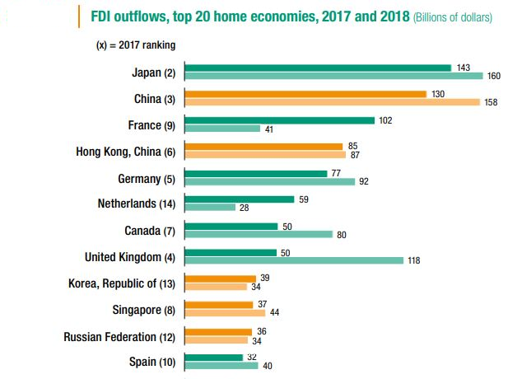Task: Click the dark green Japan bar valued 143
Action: coord(318,68)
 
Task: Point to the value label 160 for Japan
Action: coord(494,77)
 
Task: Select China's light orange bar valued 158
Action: coord(332,102)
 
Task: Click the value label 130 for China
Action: coord(438,94)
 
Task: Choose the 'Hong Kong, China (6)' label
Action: coord(126,151)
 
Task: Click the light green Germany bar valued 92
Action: coord(270,181)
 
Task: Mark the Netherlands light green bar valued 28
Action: coord(210,208)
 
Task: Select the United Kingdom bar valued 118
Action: coord(294,260)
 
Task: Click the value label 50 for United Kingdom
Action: coord(287,252)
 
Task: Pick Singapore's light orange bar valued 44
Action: coord(225,313)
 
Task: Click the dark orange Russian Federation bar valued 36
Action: coord(220,330)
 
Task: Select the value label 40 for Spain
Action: coord(268,366)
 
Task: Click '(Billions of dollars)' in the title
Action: coord(443,17)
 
